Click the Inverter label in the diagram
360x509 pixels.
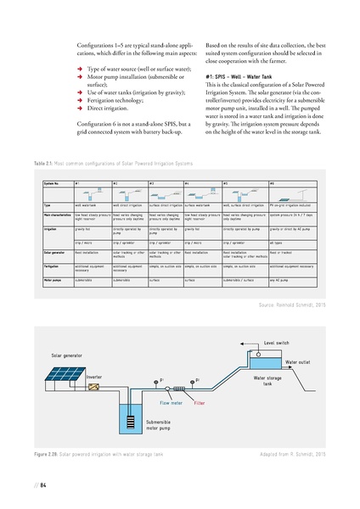[93, 377]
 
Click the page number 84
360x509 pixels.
[41, 485]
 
